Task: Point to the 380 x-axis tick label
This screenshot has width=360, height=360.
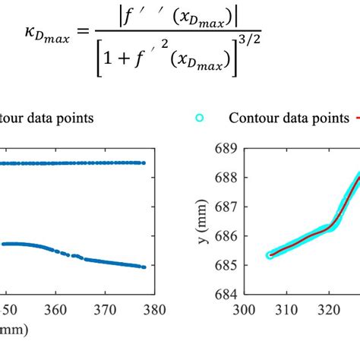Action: pyautogui.click(x=154, y=309)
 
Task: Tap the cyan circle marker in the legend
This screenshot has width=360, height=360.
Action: pyautogui.click(x=200, y=118)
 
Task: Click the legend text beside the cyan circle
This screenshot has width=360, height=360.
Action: pyautogui.click(x=282, y=118)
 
